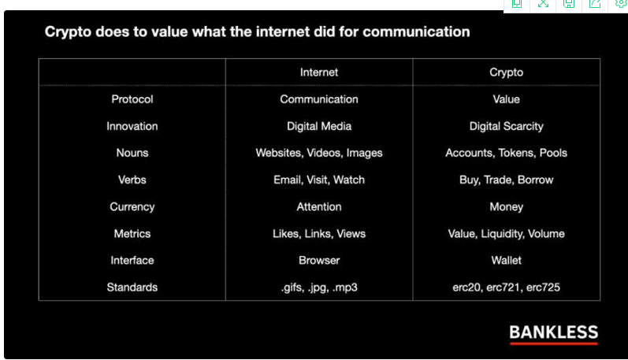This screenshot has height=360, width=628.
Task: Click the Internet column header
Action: tap(319, 72)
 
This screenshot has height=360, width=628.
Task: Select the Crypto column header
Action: tap(506, 72)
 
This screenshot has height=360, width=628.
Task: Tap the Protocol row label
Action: tap(132, 99)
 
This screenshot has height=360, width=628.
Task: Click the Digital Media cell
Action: tap(319, 127)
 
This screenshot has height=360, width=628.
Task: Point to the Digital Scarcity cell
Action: tap(506, 127)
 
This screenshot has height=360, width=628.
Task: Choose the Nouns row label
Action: tap(132, 153)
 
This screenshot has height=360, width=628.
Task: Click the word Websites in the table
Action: tap(278, 154)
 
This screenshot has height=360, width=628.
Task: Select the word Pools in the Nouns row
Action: tap(553, 153)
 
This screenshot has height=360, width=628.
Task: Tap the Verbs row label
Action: tap(132, 180)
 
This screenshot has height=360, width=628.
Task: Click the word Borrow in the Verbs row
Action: tap(535, 180)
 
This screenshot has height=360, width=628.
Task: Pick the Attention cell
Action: tap(319, 206)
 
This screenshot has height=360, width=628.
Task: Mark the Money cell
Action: tap(506, 207)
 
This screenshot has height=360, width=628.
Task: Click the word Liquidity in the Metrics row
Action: tap(503, 234)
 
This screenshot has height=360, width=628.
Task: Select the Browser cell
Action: tap(319, 260)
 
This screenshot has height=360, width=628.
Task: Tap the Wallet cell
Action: tap(506, 260)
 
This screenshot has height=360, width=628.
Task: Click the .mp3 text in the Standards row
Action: tap(345, 288)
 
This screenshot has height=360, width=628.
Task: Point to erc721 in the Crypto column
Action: tap(503, 288)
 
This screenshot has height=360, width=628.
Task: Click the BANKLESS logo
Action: tap(553, 334)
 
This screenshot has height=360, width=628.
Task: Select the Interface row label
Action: tap(132, 260)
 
